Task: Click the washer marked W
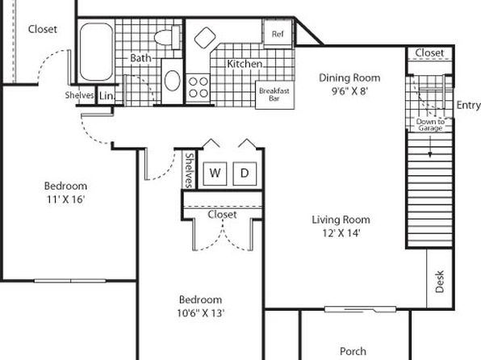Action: [x=215, y=174]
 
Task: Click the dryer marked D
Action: [x=245, y=174]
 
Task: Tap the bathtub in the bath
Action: [x=96, y=52]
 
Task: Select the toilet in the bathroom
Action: [x=167, y=37]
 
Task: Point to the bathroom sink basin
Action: [x=172, y=81]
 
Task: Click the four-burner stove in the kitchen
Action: [x=198, y=87]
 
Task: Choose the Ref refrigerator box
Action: [x=278, y=33]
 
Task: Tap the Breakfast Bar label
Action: [x=274, y=94]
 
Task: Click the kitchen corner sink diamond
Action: [x=205, y=38]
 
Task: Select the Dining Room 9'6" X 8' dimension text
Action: [x=349, y=91]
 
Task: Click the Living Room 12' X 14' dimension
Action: [x=341, y=233]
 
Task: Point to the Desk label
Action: [x=440, y=282]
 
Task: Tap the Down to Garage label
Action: [x=430, y=125]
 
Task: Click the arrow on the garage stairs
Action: [x=430, y=146]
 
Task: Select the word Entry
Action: [x=468, y=105]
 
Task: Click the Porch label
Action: [x=353, y=351]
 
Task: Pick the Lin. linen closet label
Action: [x=107, y=96]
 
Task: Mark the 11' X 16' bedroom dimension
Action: [x=65, y=199]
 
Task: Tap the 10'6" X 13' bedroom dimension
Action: [x=201, y=313]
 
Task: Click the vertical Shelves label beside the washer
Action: [x=190, y=170]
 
